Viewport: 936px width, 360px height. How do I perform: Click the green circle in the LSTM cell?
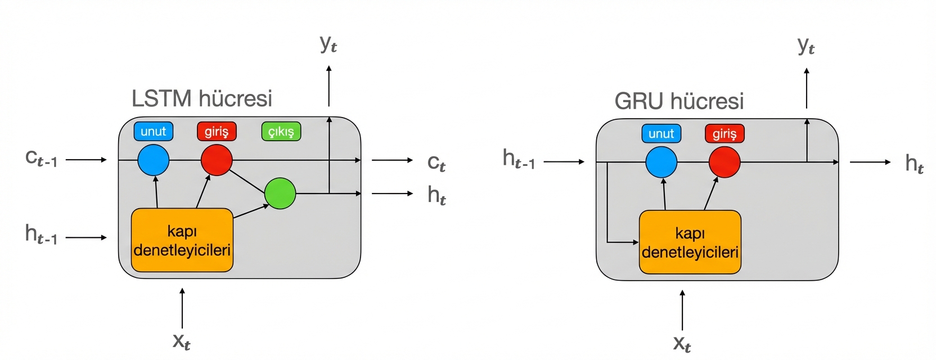(280, 193)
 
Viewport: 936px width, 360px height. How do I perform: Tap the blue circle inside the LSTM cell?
(154, 160)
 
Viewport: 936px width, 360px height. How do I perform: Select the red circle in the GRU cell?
(724, 162)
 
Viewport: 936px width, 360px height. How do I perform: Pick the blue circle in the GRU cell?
(661, 162)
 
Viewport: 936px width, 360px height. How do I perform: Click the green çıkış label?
(281, 132)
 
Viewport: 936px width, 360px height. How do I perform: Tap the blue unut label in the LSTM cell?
(154, 132)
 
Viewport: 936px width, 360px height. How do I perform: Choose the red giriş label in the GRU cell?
(724, 134)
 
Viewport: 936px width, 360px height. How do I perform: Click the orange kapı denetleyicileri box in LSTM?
(182, 240)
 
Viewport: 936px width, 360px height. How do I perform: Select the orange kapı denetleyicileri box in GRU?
(690, 242)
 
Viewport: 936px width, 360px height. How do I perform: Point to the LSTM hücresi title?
(202, 98)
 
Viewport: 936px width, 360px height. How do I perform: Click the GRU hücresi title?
(679, 101)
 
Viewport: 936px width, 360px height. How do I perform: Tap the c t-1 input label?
(41, 158)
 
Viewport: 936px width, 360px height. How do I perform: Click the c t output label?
(436, 163)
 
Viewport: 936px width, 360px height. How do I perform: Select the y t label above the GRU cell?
(806, 45)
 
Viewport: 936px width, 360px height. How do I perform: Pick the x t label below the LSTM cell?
(181, 340)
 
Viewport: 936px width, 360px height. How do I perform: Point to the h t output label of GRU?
(914, 164)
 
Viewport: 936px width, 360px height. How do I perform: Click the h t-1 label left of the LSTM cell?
(41, 234)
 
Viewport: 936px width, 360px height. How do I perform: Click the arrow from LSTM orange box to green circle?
(251, 211)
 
